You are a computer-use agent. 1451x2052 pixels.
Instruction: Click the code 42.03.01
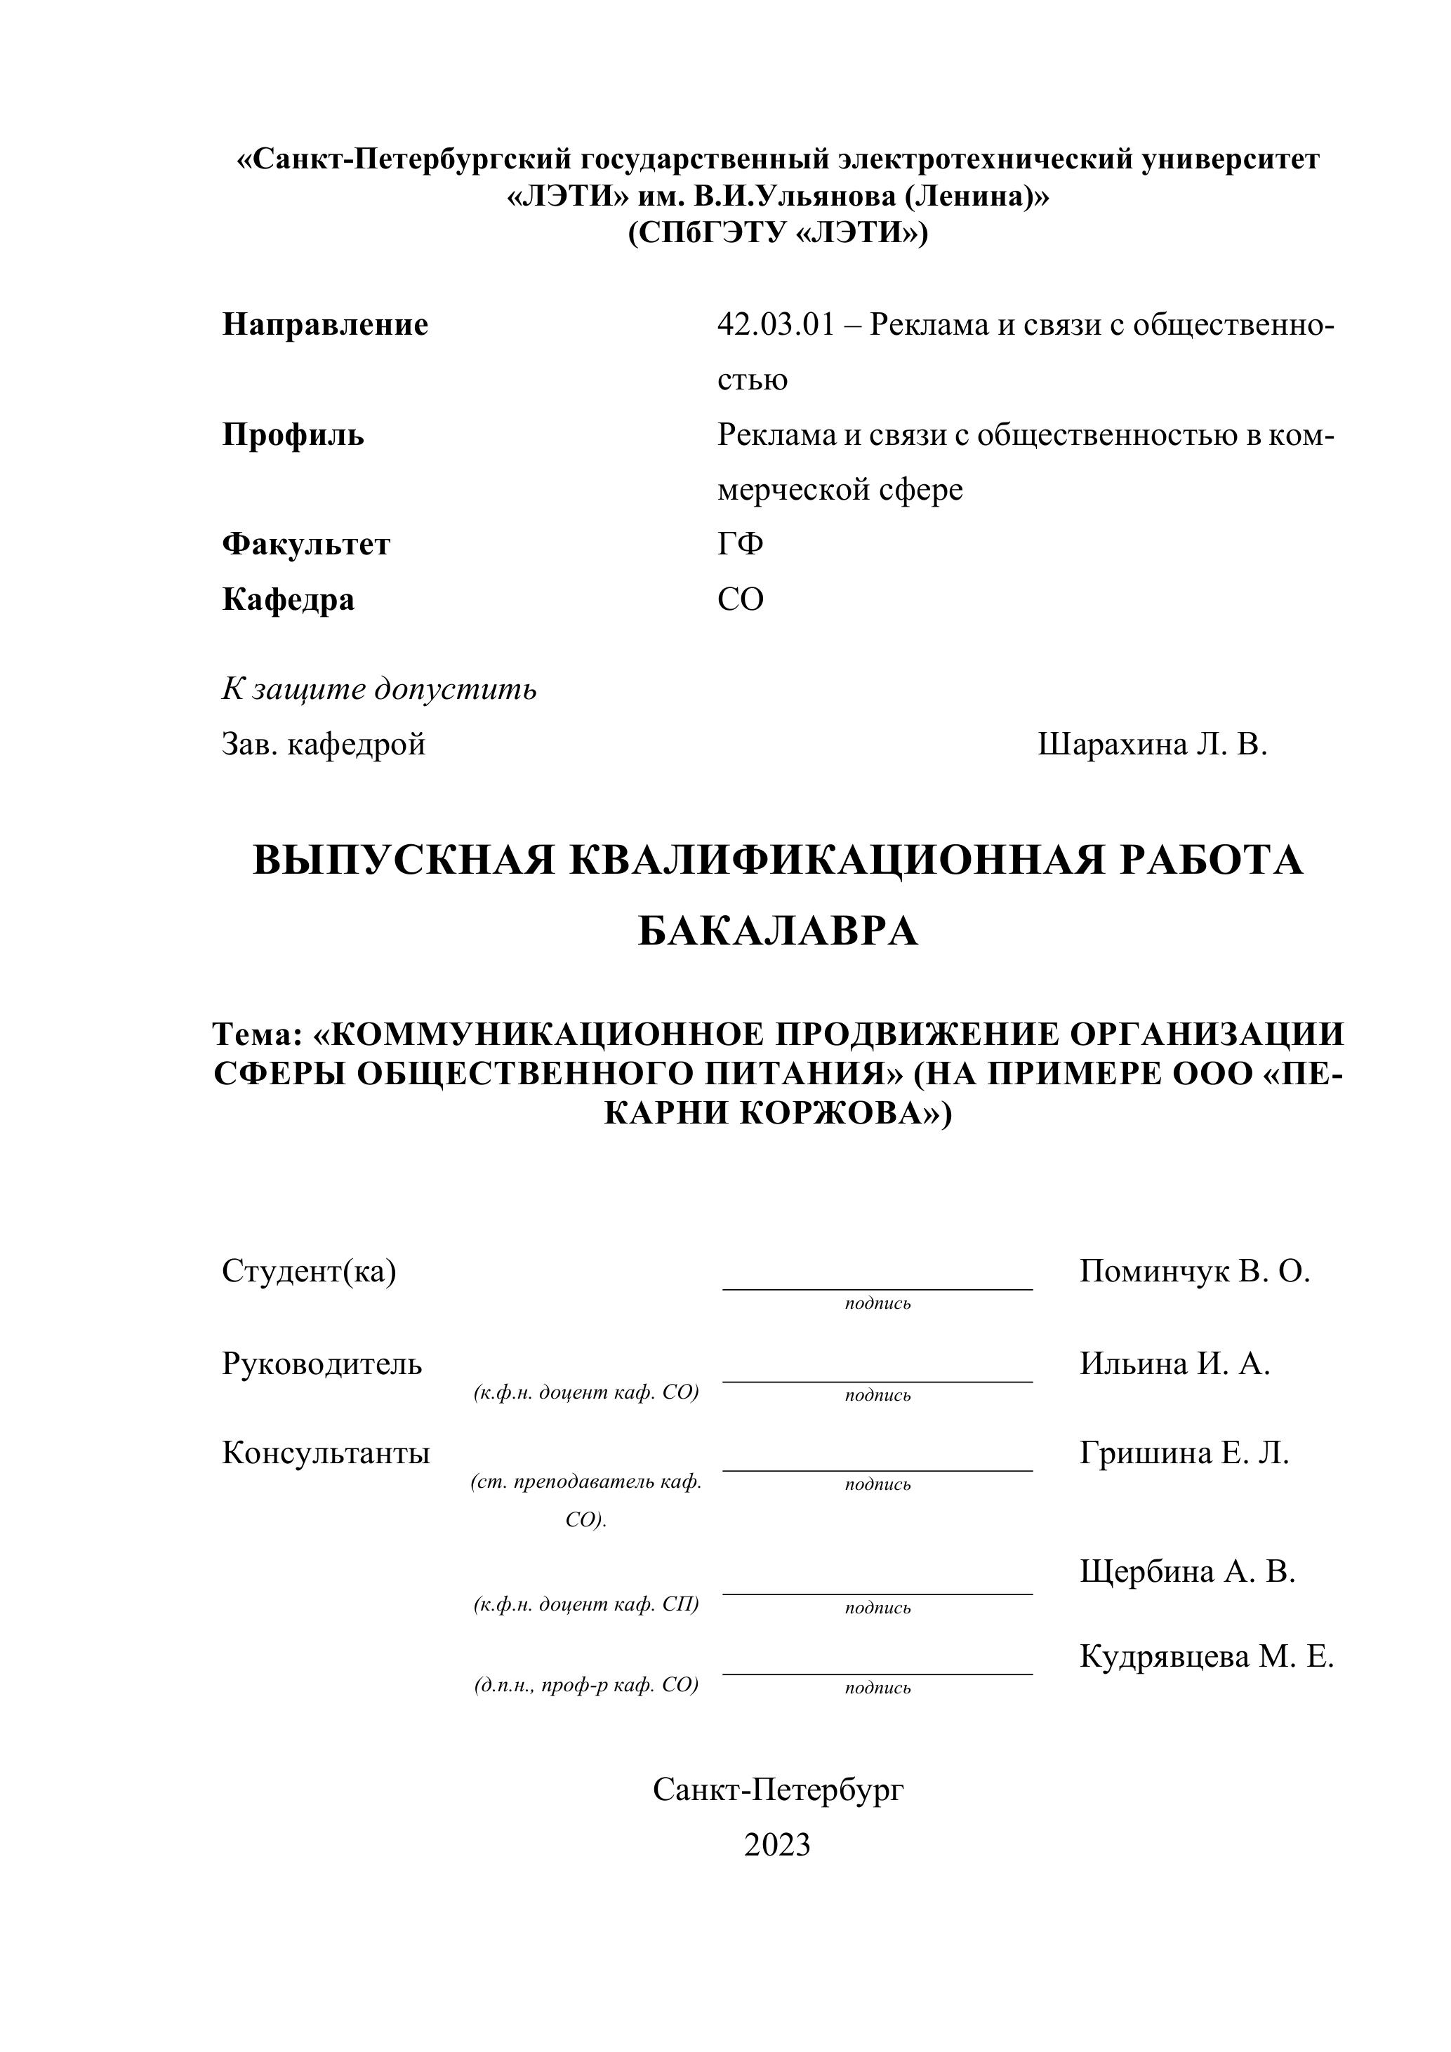[x=775, y=324]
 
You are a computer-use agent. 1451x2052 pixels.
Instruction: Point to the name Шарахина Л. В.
[x=1153, y=744]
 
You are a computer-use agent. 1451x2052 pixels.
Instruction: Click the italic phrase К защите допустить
[x=379, y=689]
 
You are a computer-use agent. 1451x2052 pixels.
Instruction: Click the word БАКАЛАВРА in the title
[x=777, y=932]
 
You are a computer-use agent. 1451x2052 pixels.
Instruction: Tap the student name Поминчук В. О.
[x=1194, y=1271]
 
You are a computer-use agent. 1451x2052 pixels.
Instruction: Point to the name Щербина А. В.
[x=1187, y=1571]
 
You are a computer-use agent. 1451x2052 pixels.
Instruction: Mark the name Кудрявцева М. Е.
[x=1206, y=1656]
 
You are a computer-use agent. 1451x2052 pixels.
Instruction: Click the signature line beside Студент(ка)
[x=877, y=1288]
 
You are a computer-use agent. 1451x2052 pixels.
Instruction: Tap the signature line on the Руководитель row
[x=877, y=1382]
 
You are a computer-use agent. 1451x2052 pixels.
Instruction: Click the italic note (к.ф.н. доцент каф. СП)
[x=585, y=1604]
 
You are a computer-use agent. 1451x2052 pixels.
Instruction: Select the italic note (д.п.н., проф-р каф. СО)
[x=585, y=1685]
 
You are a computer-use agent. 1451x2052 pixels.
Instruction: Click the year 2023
[x=777, y=1845]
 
